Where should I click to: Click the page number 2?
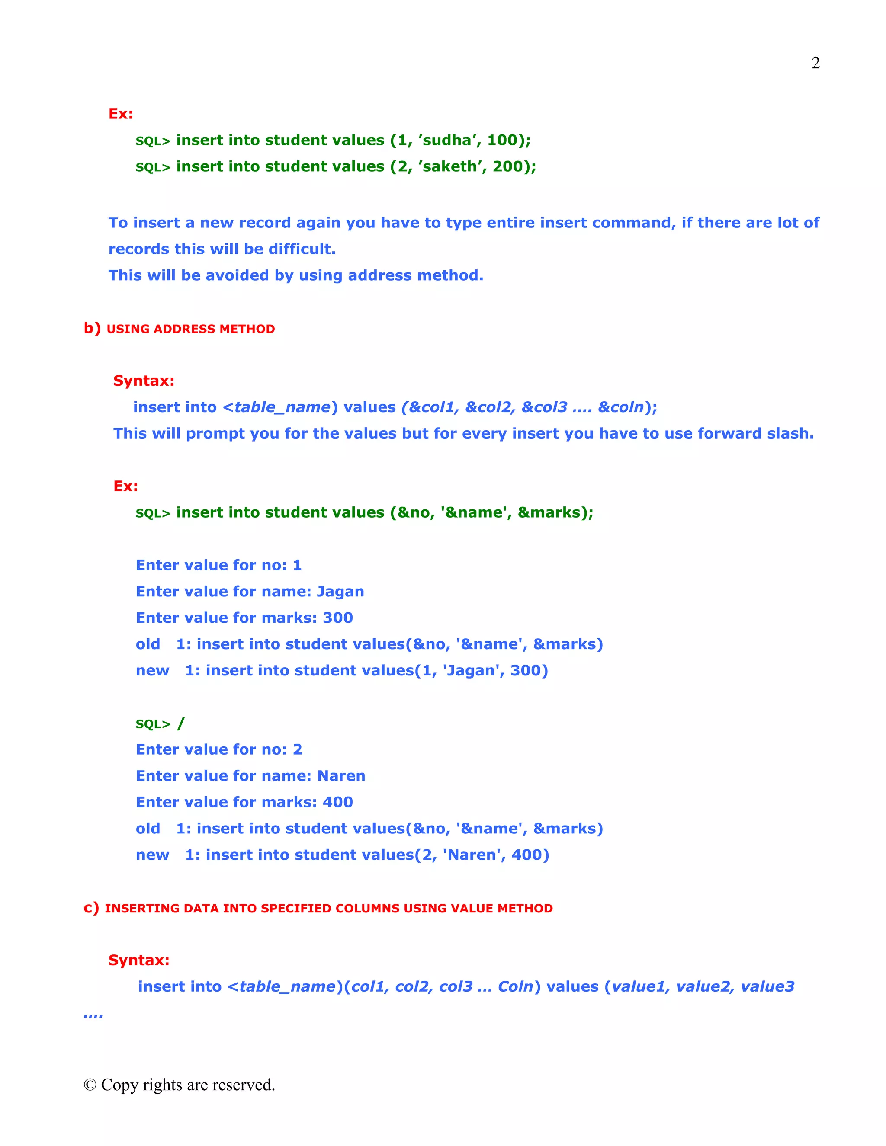[x=815, y=63]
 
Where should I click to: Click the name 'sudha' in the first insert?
[x=446, y=140]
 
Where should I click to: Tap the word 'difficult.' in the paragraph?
[x=302, y=249]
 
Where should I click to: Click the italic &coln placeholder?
[x=620, y=407]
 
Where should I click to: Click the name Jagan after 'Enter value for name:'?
[x=340, y=591]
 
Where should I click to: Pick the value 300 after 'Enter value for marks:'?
[x=337, y=618]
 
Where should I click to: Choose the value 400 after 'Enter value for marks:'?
[x=337, y=802]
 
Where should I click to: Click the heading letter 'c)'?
[x=91, y=908]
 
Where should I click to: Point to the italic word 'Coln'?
[x=515, y=986]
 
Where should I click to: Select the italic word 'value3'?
[x=767, y=986]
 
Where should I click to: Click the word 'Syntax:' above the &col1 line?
[x=144, y=381]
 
